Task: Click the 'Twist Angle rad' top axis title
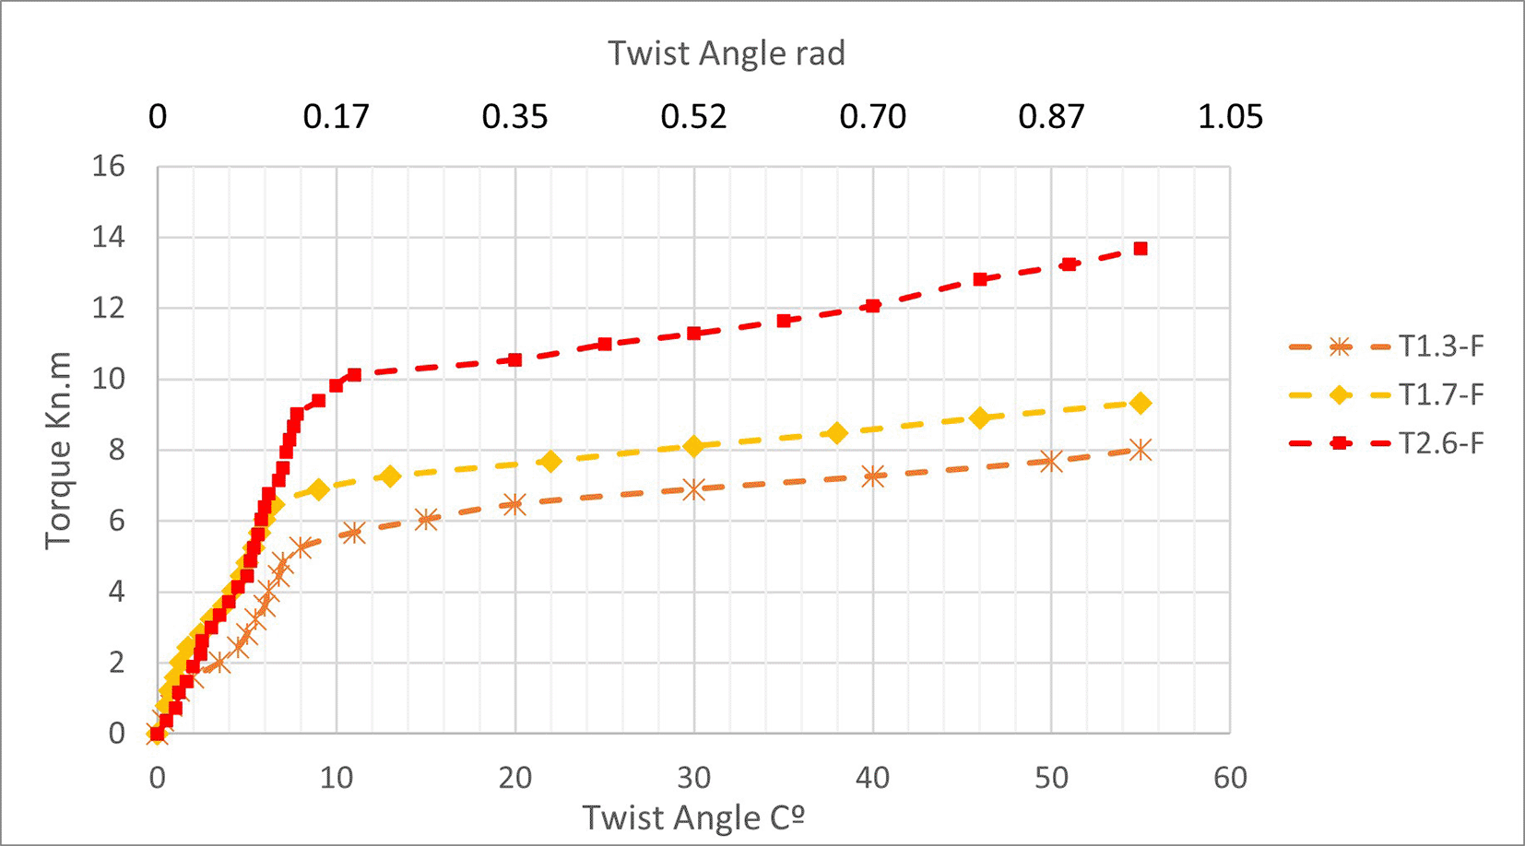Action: coord(726,53)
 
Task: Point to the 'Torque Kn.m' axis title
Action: coord(57,450)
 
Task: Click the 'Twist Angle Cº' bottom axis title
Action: coord(693,817)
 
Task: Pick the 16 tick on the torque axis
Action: coord(108,167)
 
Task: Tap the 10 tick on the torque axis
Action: coord(108,379)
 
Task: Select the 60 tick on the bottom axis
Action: coord(1230,778)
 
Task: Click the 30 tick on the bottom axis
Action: coord(693,778)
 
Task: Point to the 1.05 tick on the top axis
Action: coord(1230,117)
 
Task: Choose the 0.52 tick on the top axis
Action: coord(693,117)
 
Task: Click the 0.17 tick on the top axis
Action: coord(336,117)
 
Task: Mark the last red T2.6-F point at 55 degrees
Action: coord(1141,249)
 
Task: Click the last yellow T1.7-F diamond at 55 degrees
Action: coord(1141,404)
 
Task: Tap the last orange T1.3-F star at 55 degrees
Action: coord(1141,450)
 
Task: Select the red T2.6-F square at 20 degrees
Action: coord(514,359)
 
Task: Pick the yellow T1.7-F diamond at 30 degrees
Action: coord(693,446)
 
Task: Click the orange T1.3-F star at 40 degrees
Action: coord(872,476)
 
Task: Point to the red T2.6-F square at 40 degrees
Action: coord(872,306)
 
